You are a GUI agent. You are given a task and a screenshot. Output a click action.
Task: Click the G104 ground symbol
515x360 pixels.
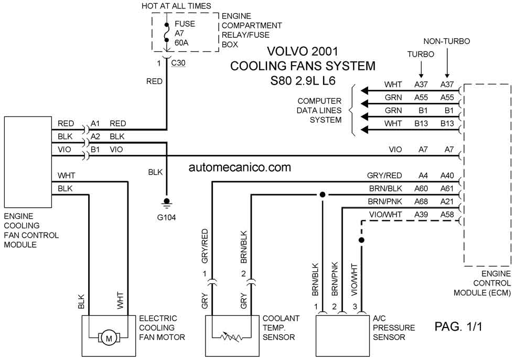pyautogui.click(x=167, y=203)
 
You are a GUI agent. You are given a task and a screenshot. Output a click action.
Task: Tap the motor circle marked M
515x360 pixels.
pyautogui.click(x=109, y=337)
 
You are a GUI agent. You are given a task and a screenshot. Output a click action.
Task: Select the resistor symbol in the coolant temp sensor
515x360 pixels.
pyautogui.click(x=232, y=337)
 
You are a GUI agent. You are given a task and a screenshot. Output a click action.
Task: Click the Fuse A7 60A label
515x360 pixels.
pyautogui.click(x=185, y=33)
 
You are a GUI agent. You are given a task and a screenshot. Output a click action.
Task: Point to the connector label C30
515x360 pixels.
pyautogui.click(x=178, y=63)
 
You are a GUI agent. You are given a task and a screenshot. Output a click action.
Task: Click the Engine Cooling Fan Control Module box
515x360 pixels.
pyautogui.click(x=28, y=162)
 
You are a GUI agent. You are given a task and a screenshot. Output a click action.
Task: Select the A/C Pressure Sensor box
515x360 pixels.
pyautogui.click(x=342, y=336)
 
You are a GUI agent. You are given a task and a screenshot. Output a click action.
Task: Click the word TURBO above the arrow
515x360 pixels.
pyautogui.click(x=421, y=54)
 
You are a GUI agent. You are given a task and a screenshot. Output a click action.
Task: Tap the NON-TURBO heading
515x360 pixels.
pyautogui.click(x=446, y=41)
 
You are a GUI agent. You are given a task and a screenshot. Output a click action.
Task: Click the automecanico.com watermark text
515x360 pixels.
pyautogui.click(x=240, y=167)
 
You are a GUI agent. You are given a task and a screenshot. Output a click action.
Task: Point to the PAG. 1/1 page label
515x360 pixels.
pyautogui.click(x=458, y=326)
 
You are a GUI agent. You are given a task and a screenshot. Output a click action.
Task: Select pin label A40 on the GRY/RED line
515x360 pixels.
pyautogui.click(x=447, y=176)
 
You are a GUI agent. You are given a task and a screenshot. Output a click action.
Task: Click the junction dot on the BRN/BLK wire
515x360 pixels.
pyautogui.click(x=323, y=195)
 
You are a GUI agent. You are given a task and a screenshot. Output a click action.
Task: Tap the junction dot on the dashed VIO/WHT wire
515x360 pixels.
pyautogui.click(x=362, y=240)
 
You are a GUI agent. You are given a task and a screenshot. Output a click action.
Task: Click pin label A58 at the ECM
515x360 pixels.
pyautogui.click(x=447, y=215)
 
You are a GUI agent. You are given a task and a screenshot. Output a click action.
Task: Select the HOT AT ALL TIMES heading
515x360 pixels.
pyautogui.click(x=176, y=6)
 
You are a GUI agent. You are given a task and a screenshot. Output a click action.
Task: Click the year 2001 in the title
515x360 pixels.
pyautogui.click(x=324, y=51)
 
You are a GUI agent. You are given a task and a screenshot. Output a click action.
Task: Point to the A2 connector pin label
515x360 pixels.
pyautogui.click(x=95, y=136)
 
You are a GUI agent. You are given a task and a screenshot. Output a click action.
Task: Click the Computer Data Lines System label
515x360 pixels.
pyautogui.click(x=319, y=110)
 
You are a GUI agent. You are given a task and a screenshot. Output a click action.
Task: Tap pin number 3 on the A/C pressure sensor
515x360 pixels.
pyautogui.click(x=355, y=307)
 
